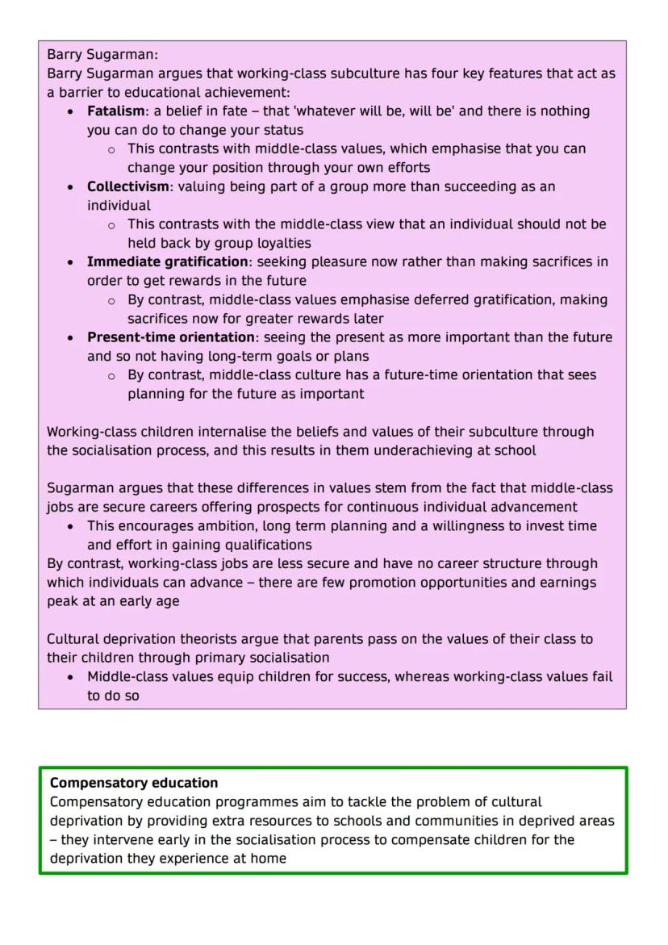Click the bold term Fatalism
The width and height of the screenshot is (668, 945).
[x=115, y=111]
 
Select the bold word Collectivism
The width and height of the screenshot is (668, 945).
[x=127, y=186]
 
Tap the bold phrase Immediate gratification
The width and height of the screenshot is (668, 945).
[x=167, y=261]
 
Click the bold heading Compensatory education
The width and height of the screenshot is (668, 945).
[x=134, y=783]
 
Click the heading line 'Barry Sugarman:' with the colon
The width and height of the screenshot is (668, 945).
[x=102, y=55]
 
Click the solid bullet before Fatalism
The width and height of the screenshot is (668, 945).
[x=72, y=111]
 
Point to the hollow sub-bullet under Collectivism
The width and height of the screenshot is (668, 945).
[x=111, y=224]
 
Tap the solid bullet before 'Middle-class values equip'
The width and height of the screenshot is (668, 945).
[x=72, y=677]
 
